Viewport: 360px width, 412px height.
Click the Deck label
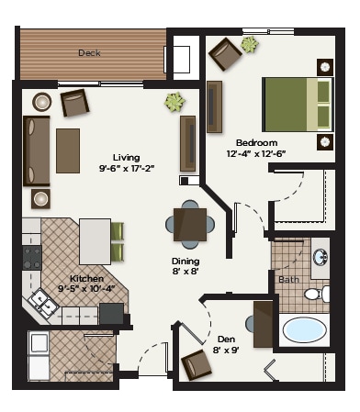pos(89,53)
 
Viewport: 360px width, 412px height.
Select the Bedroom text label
pos(256,143)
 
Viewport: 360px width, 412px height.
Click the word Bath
pos(288,279)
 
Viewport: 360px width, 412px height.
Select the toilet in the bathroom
pos(315,294)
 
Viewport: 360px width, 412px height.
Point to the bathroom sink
pos(320,257)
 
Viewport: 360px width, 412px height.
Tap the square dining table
pos(191,223)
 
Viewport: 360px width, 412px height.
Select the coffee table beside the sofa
pos(69,151)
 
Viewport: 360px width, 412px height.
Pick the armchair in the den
pos(197,364)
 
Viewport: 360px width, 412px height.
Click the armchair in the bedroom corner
pos(225,55)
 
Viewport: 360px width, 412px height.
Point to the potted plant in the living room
pos(173,102)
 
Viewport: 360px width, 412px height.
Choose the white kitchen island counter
pos(94,240)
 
